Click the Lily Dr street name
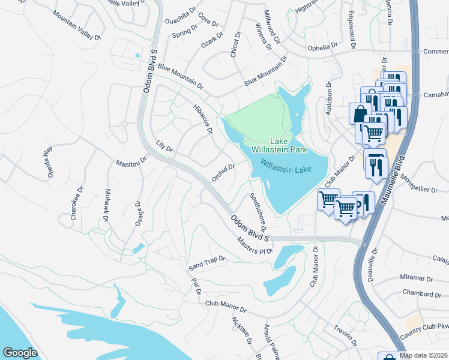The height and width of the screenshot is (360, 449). click(164, 146)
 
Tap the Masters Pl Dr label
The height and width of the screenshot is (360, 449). click(255, 245)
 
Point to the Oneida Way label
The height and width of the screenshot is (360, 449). click(47, 163)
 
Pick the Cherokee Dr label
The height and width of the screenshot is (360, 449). click(75, 205)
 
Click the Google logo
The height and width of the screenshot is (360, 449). click(20, 352)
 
